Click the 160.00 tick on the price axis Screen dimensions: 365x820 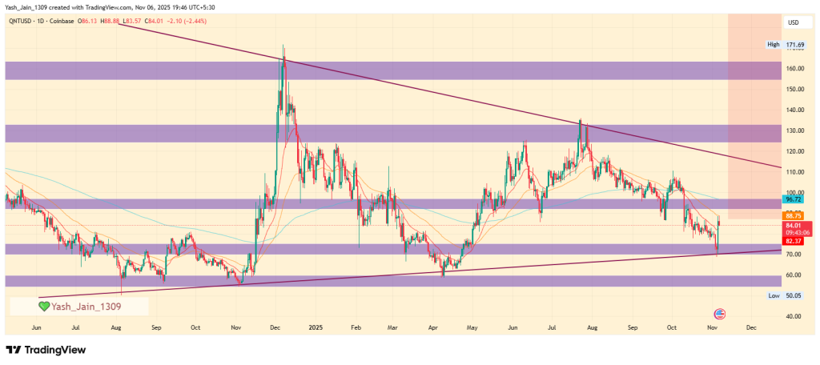click(794, 69)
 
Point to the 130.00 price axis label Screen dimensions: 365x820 click(794, 130)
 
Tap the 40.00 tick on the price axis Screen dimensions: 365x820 click(794, 317)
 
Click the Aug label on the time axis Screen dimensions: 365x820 click(117, 327)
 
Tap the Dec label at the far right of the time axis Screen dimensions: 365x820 click(750, 327)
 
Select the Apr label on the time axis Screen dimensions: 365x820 click(433, 327)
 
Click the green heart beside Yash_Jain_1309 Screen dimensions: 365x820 click(44, 306)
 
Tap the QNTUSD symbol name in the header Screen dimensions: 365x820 click(19, 21)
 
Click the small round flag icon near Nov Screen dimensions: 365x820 click(718, 313)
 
